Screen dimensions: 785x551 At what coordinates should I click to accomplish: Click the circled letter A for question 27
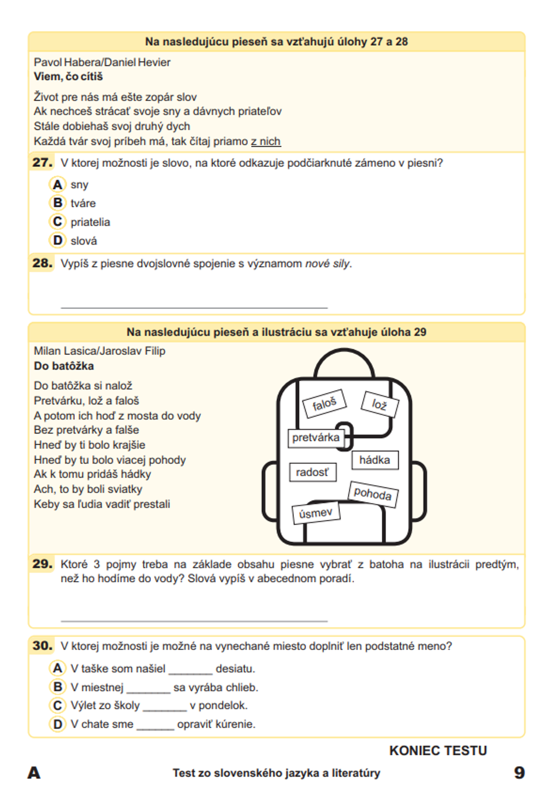pos(57,184)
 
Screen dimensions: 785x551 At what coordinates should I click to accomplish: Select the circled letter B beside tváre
pos(57,203)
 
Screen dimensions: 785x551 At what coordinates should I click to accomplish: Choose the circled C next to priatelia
pos(57,221)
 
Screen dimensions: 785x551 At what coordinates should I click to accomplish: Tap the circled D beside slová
pos(57,240)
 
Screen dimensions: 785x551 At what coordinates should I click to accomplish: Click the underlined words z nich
pos(266,142)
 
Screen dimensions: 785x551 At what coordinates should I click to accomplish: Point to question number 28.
pos(42,263)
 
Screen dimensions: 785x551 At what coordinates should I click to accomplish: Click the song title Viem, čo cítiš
pos(68,77)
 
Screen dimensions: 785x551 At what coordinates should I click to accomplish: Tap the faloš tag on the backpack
pos(325,404)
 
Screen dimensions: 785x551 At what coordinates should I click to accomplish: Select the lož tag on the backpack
pos(379,404)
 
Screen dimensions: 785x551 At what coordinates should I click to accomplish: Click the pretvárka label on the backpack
pos(316,437)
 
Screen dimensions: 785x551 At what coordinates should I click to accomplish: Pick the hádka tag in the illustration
pos(375,460)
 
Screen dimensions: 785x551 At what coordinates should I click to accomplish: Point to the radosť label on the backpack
pos(312,472)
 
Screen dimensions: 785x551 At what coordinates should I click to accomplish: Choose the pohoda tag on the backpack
pos(372,493)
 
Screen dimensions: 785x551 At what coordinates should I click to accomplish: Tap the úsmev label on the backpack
pos(316,513)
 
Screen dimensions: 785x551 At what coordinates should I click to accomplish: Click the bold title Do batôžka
pos(63,366)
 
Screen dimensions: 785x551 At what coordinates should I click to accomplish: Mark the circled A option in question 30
pos(57,668)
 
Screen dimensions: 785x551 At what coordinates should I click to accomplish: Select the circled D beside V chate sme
pos(57,724)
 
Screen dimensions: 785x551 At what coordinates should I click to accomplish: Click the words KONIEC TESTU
pos(438,751)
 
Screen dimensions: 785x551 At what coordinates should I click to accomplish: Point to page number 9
pos(519,772)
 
